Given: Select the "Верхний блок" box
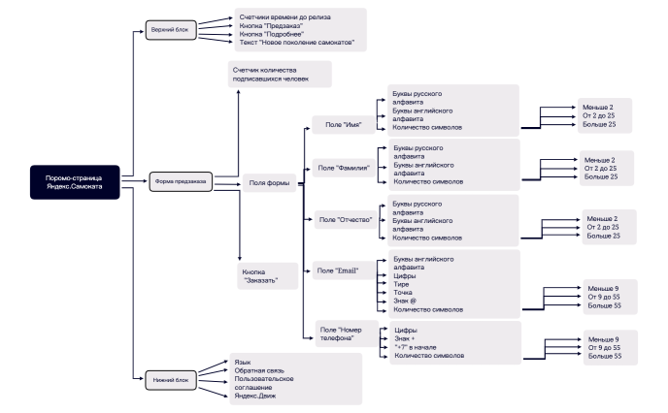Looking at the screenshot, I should [x=168, y=30].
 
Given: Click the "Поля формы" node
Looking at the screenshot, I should [x=268, y=181].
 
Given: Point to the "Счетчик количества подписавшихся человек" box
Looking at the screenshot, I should [x=277, y=74].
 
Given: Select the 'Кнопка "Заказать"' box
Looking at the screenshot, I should [x=262, y=276].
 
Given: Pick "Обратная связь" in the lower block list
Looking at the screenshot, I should [x=255, y=369].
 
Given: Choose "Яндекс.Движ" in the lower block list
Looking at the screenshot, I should [x=254, y=396].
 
